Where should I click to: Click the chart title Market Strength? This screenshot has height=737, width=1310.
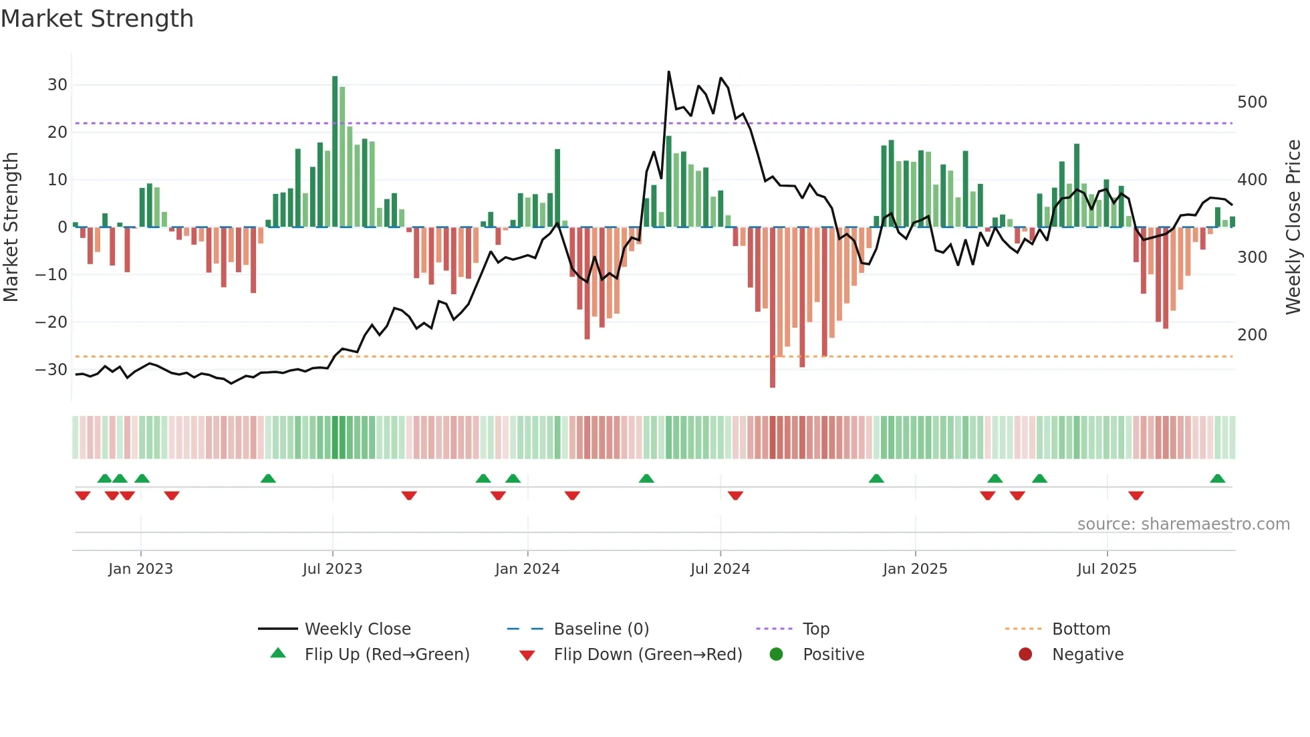(x=97, y=19)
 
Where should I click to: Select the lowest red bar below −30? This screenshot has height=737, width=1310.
(x=773, y=308)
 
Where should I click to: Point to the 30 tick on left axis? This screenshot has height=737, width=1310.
(x=57, y=85)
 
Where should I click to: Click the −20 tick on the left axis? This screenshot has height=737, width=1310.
(x=51, y=322)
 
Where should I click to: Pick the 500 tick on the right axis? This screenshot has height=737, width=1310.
(x=1252, y=102)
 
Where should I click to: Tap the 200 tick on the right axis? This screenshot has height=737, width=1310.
(x=1252, y=335)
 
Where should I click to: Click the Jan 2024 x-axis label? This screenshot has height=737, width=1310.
(x=527, y=569)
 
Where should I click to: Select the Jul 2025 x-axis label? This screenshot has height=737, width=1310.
(x=1106, y=569)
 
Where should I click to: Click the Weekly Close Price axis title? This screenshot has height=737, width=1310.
(x=1293, y=227)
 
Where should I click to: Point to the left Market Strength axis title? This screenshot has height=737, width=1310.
(x=11, y=227)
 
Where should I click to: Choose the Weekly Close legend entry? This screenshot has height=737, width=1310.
(x=358, y=629)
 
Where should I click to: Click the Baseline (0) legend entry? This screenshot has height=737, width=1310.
(x=601, y=629)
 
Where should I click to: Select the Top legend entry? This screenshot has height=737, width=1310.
(x=815, y=629)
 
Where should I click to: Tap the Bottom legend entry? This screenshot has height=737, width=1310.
(x=1081, y=629)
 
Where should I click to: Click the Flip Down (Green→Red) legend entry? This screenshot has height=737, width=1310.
(x=648, y=655)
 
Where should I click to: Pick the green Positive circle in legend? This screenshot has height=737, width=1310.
(x=776, y=655)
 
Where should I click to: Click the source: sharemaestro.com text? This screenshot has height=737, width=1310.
(x=1183, y=524)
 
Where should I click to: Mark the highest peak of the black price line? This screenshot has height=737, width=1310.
(x=668, y=72)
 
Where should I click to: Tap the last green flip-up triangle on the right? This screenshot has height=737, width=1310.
(x=1217, y=479)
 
